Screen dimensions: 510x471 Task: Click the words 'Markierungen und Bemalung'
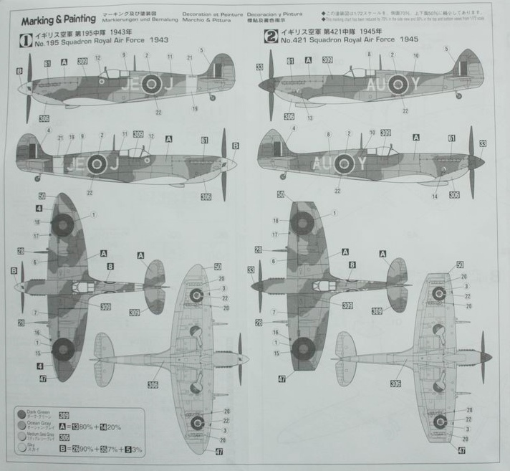(140, 20)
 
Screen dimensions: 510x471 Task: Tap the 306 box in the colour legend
(64, 437)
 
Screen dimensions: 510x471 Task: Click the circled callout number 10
(372, 132)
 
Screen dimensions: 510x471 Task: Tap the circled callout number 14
(435, 196)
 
